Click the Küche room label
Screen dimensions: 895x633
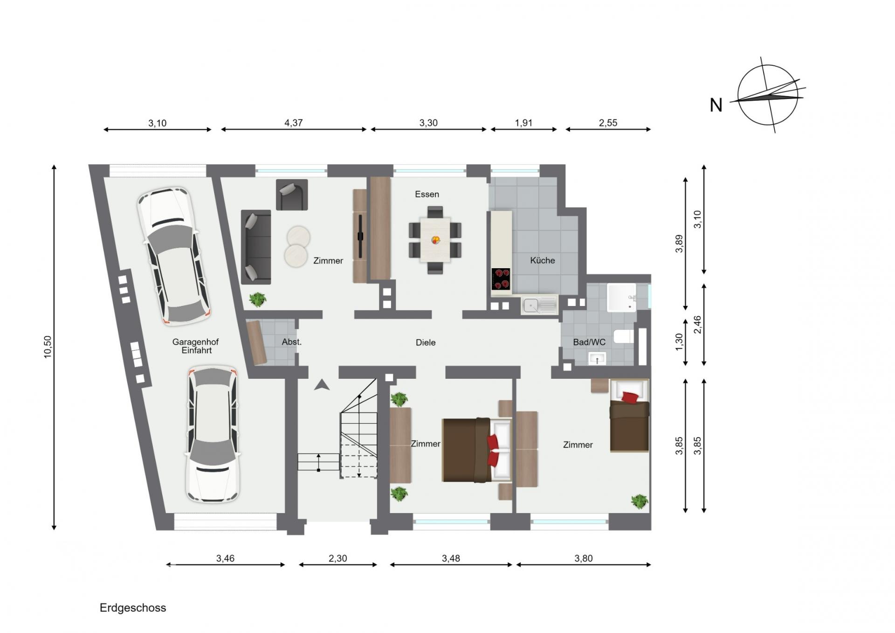click(x=542, y=260)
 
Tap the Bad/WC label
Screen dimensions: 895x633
click(x=589, y=342)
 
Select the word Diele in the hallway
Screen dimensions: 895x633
click(x=426, y=342)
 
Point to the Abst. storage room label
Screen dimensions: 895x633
click(x=292, y=342)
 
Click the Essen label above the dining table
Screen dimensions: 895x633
click(x=427, y=194)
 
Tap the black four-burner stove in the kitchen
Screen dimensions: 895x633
click(x=501, y=279)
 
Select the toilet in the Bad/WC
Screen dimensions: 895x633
click(x=623, y=336)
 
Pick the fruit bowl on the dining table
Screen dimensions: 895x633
click(x=436, y=240)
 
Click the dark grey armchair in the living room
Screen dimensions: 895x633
click(x=292, y=195)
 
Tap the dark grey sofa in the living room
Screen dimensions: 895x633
click(x=256, y=247)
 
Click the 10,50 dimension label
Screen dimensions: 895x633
click(x=48, y=347)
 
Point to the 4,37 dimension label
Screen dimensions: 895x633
click(x=294, y=123)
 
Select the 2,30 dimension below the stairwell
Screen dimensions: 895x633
click(x=338, y=558)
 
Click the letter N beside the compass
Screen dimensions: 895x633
click(x=716, y=105)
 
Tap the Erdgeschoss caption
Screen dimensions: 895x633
click(x=133, y=608)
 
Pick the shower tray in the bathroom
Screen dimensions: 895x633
click(x=621, y=297)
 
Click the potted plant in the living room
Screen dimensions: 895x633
click(x=257, y=299)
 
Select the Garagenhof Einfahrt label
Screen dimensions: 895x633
click(x=196, y=346)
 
